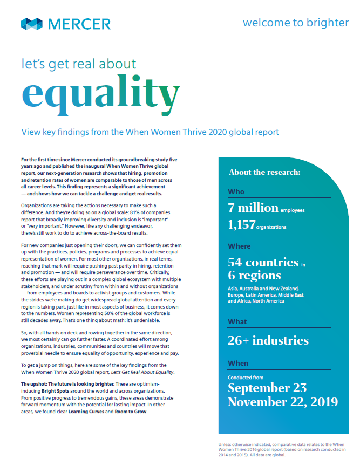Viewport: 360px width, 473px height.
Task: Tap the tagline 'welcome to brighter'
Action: pos(295,23)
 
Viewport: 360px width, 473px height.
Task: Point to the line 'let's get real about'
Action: pos(79,65)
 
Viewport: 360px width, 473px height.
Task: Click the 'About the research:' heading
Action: pos(264,173)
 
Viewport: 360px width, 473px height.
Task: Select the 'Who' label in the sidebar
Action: pos(236,191)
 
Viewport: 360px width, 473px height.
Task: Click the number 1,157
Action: pos(242,225)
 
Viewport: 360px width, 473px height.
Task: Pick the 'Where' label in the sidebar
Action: pos(239,246)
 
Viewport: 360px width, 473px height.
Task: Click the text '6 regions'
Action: pos(254,276)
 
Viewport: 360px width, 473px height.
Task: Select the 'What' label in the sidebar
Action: pos(238,322)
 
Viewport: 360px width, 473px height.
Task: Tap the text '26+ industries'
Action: pos(268,340)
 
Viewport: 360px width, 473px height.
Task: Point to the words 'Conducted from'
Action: pos(246,378)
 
